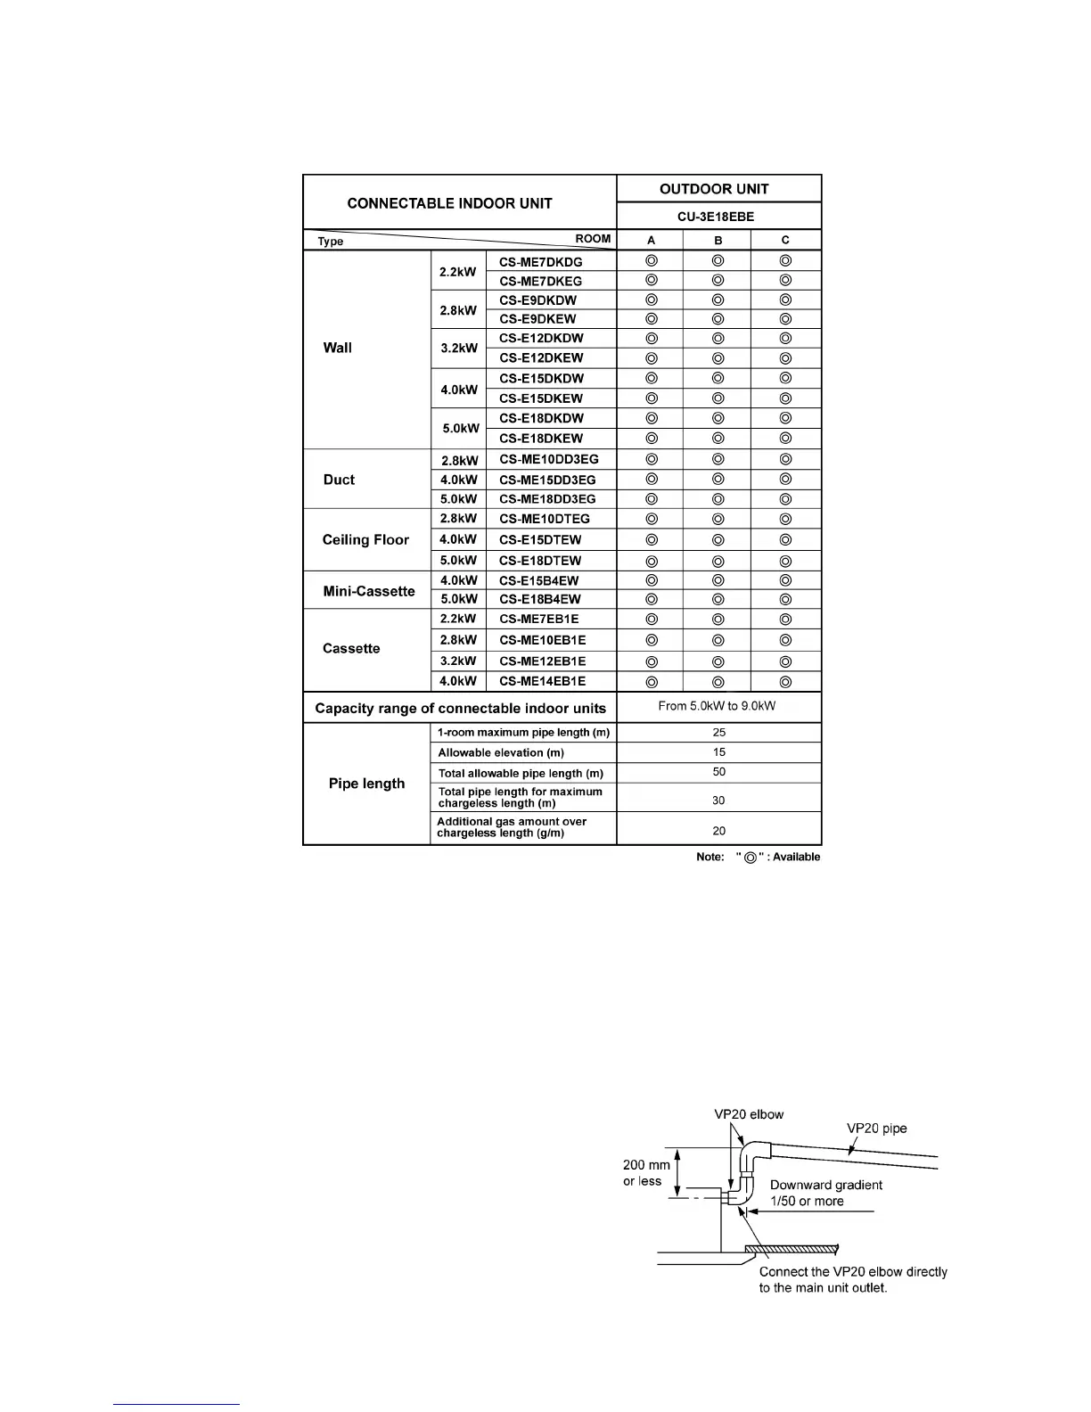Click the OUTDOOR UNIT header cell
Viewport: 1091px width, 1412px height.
coord(713,189)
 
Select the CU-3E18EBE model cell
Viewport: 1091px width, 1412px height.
coord(716,217)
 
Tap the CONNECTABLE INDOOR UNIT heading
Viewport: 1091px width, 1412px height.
coord(449,203)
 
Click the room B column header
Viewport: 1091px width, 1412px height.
coord(718,241)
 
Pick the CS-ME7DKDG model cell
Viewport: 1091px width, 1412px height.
coord(541,262)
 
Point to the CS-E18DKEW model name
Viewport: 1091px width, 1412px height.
coord(541,439)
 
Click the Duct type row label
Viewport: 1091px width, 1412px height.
coord(339,480)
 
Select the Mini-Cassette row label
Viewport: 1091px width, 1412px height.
coord(369,591)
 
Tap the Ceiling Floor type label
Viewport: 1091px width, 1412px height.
coord(365,540)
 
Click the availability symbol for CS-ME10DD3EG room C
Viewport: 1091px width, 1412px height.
coord(785,460)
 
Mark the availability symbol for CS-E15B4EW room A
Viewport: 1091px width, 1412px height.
coord(652,580)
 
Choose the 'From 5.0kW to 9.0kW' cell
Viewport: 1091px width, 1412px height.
coord(717,706)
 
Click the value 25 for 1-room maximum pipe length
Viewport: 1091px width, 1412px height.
coord(718,733)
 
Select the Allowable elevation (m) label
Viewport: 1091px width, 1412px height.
coord(501,753)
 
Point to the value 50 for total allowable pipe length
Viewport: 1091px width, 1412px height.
coord(718,772)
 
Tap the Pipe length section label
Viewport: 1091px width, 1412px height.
coord(366,784)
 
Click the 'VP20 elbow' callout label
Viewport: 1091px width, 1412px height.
coord(749,1114)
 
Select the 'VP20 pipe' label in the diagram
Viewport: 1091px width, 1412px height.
coord(876,1129)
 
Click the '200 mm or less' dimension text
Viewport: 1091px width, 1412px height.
coord(646,1173)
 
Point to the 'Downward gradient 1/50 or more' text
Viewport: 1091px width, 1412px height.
coord(825,1193)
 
